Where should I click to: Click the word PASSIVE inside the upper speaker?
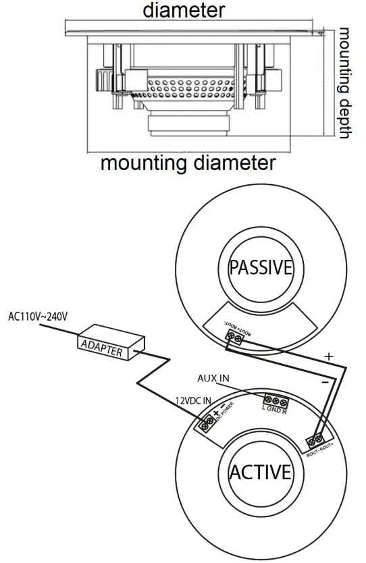[x=261, y=268]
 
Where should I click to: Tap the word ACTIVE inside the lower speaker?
[x=260, y=472]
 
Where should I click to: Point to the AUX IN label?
[x=213, y=378]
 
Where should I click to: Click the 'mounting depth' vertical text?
[x=344, y=84]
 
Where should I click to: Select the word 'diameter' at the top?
[x=184, y=10]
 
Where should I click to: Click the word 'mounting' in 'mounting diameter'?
[x=143, y=163]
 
